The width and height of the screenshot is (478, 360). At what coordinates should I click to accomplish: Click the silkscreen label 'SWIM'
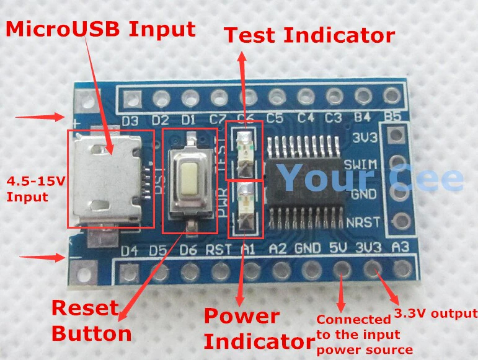click(362, 165)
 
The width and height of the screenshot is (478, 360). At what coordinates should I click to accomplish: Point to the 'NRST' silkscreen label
click(362, 222)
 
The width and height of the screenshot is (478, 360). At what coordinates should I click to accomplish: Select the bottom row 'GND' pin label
click(308, 250)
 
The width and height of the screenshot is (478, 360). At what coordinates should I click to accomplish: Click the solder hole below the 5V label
click(340, 270)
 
